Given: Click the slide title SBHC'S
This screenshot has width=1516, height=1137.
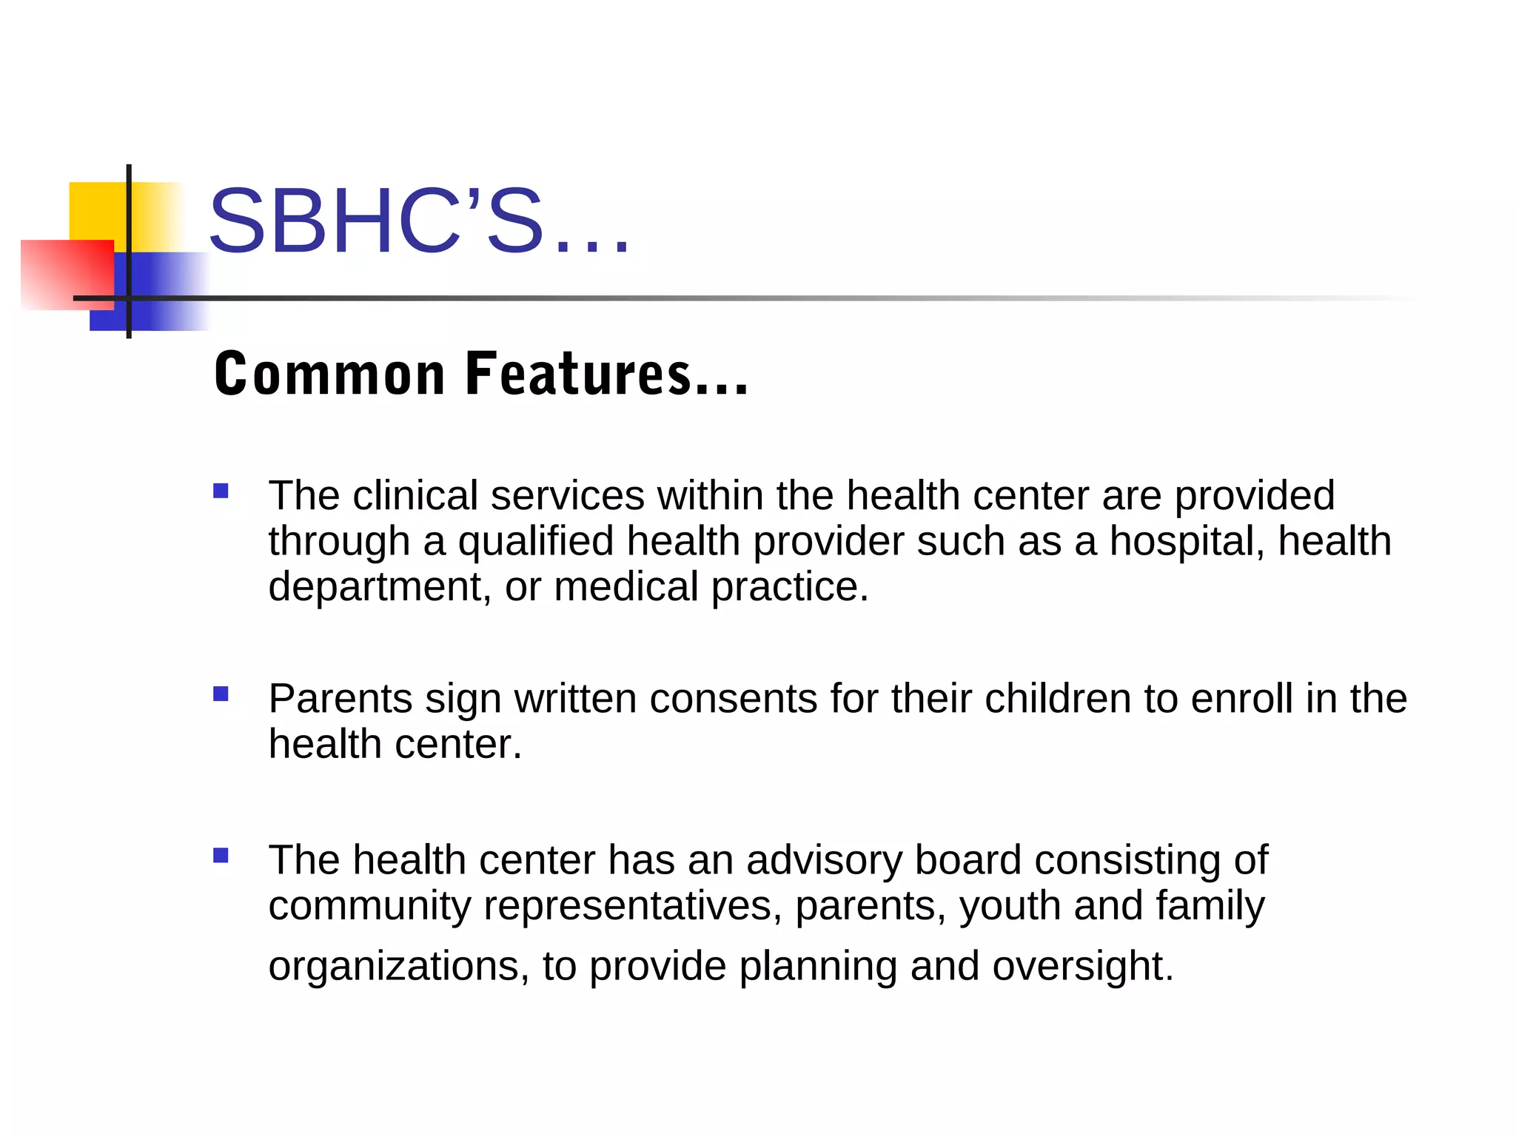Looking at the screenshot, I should tap(419, 221).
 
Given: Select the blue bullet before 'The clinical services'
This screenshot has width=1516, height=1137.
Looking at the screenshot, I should tap(221, 491).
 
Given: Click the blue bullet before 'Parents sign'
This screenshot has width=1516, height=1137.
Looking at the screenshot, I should tap(221, 694).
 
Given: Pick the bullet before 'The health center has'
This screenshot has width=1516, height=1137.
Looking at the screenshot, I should tap(221, 856).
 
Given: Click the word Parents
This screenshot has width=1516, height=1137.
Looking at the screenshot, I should tap(340, 699).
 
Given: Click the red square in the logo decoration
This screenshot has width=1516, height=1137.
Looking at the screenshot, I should tap(67, 274).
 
